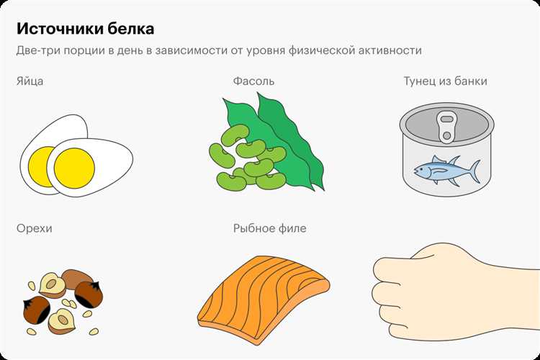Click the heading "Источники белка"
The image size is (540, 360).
pos(85,29)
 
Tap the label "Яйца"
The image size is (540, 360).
pos(30,81)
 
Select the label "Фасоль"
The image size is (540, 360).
pos(254,81)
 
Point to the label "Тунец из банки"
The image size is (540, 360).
pos(445,81)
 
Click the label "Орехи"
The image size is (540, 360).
pos(35,228)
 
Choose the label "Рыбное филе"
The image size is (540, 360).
pos(270,228)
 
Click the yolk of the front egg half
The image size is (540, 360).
pos(74,168)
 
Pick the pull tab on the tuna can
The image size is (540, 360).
pos(446,127)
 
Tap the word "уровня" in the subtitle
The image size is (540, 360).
pos(266,51)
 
